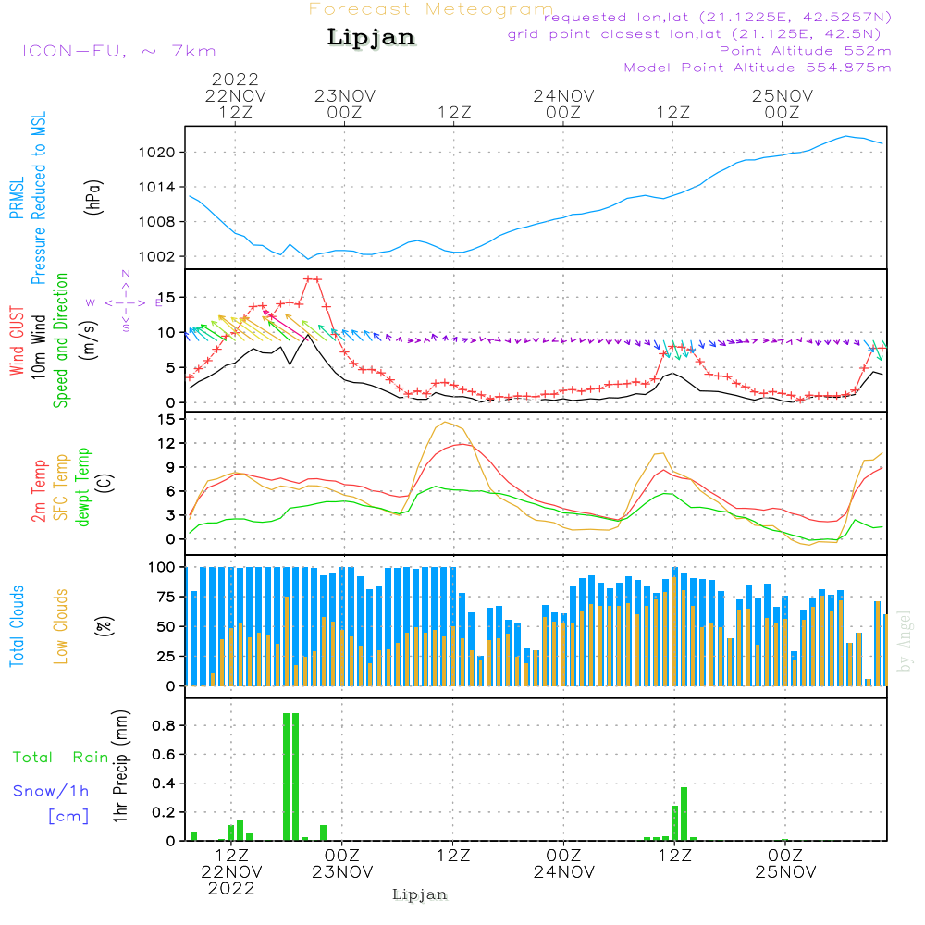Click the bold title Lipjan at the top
(x=371, y=38)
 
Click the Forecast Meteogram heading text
(x=431, y=9)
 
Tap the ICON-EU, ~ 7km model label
(x=118, y=51)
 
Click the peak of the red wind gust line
(x=312, y=278)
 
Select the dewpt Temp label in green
(x=82, y=487)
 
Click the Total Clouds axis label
(x=17, y=626)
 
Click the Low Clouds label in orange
(x=61, y=626)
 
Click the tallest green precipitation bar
(x=291, y=777)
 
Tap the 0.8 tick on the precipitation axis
(x=163, y=726)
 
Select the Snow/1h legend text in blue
(x=52, y=791)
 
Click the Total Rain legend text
(x=61, y=758)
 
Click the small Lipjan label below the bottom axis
(x=420, y=894)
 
